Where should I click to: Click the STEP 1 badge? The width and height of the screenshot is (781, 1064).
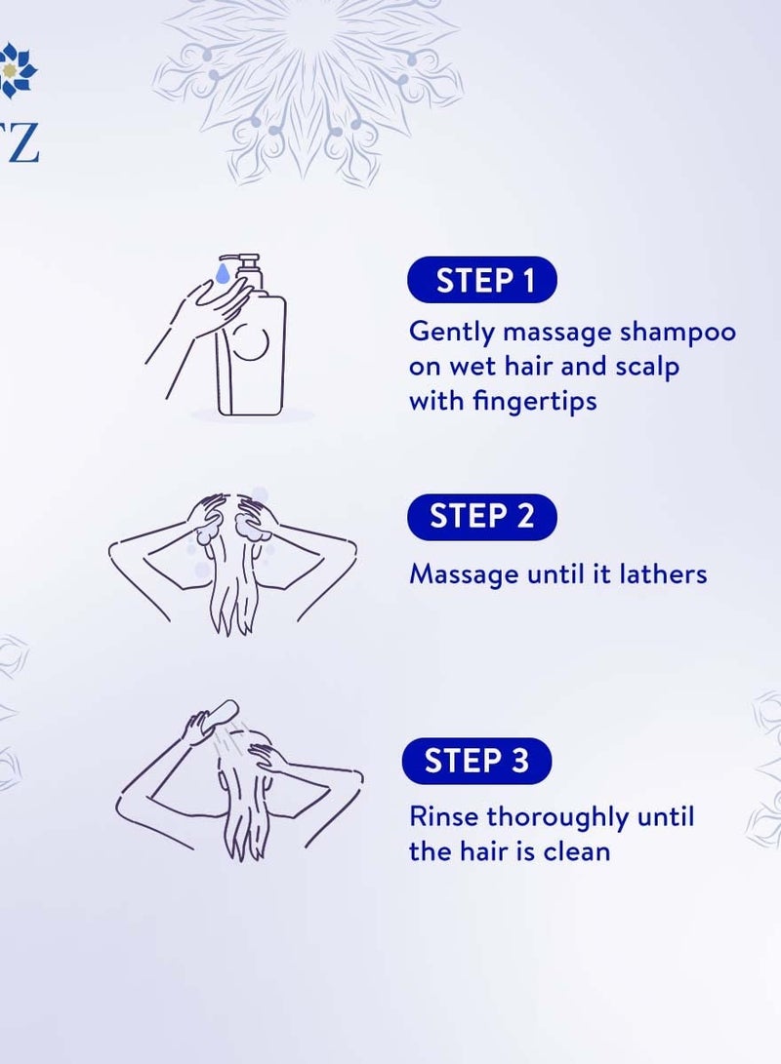482,281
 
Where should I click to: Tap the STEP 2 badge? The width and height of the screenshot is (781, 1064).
482,517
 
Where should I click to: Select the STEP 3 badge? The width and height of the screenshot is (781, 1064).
477,762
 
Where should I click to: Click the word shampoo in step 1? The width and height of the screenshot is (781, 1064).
678,332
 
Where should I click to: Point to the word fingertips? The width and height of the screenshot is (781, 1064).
536,401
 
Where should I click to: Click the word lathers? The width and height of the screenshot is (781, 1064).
663,573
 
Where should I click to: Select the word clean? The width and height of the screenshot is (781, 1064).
576,850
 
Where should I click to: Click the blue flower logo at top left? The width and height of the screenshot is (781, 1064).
18,70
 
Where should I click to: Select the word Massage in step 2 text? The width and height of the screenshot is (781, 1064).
464,573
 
